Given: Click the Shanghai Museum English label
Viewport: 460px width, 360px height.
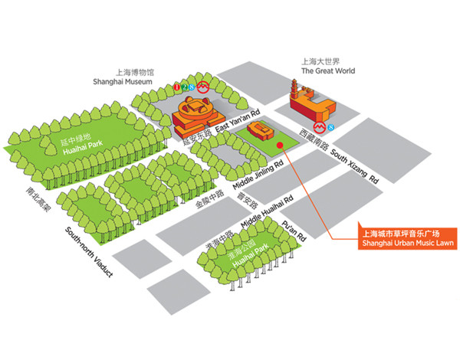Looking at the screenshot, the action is click(x=123, y=80).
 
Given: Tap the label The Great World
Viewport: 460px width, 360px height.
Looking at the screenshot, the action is click(x=327, y=71).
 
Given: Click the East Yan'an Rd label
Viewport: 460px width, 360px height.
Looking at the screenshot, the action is click(x=240, y=121).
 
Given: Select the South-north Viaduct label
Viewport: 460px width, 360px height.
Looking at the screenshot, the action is click(x=88, y=252).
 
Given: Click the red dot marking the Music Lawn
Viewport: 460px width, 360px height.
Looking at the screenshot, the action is click(x=281, y=142).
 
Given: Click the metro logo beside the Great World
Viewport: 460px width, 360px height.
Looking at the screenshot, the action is click(x=317, y=126).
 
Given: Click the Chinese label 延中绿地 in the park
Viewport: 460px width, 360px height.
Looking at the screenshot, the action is click(x=74, y=137).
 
